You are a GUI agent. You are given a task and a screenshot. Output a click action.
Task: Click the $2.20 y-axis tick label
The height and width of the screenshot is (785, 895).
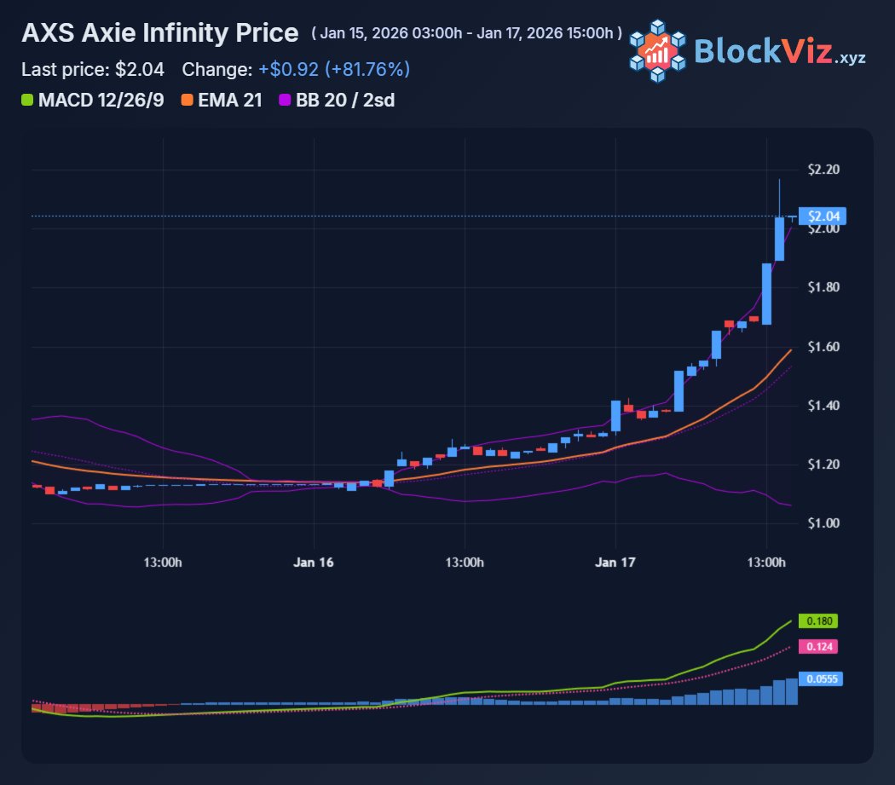[x=823, y=170]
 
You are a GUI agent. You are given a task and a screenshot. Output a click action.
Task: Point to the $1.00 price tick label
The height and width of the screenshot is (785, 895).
[x=823, y=522]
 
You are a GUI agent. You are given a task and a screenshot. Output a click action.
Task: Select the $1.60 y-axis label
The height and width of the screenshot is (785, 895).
[x=823, y=347]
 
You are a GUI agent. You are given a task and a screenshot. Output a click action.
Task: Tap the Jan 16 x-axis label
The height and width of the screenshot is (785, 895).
[x=314, y=563]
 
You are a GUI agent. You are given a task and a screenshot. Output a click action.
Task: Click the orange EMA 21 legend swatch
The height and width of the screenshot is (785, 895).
[x=187, y=101]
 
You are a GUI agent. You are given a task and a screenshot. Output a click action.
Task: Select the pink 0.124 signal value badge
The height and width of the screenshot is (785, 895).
[x=817, y=648]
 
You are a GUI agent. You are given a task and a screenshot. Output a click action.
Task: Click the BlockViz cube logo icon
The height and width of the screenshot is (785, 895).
[x=657, y=51]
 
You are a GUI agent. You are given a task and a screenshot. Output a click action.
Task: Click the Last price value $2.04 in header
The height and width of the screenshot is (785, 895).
[x=140, y=68]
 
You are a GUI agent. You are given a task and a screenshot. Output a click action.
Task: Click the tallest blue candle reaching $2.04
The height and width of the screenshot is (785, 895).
[x=779, y=239]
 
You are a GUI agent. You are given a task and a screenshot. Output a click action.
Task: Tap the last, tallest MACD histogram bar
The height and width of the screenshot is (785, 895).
[x=792, y=691]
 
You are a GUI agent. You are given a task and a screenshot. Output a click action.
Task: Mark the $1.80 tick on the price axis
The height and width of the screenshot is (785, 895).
[x=823, y=288]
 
